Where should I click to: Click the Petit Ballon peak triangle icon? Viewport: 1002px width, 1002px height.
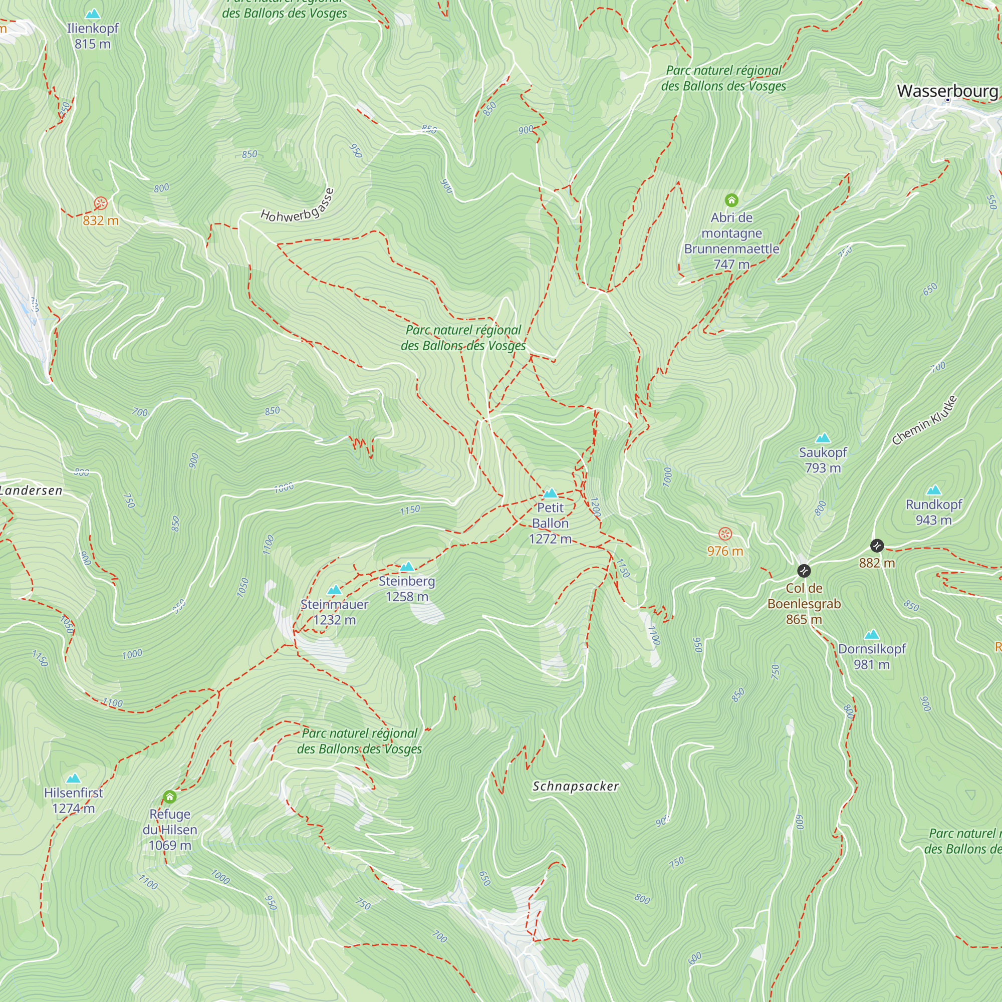click(x=550, y=493)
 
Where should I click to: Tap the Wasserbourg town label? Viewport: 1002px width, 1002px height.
click(x=947, y=91)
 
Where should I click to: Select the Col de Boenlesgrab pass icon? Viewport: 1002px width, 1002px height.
click(x=804, y=571)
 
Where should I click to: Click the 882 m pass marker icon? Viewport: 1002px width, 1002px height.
click(x=876, y=546)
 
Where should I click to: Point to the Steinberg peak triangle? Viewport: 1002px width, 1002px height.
click(x=407, y=566)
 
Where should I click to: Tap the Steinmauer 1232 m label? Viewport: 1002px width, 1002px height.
click(x=335, y=612)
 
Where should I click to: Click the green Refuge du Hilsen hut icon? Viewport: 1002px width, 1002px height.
click(x=170, y=797)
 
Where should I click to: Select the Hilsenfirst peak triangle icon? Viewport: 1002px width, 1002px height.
click(x=74, y=779)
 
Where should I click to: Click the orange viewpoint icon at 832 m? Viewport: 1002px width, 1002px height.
click(x=101, y=203)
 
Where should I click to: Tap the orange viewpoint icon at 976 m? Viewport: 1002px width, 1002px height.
click(x=725, y=534)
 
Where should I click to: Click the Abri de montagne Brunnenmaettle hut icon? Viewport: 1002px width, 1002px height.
click(x=731, y=200)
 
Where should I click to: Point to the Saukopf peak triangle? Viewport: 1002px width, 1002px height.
click(x=823, y=438)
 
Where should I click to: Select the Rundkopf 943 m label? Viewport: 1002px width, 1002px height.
click(x=933, y=512)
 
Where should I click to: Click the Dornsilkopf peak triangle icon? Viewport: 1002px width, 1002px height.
click(x=872, y=635)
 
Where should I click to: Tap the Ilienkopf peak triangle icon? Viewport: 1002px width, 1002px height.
click(x=93, y=14)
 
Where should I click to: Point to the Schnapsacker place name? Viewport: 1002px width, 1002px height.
click(x=576, y=786)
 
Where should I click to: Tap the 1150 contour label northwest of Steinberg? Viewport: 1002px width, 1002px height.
click(x=410, y=511)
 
